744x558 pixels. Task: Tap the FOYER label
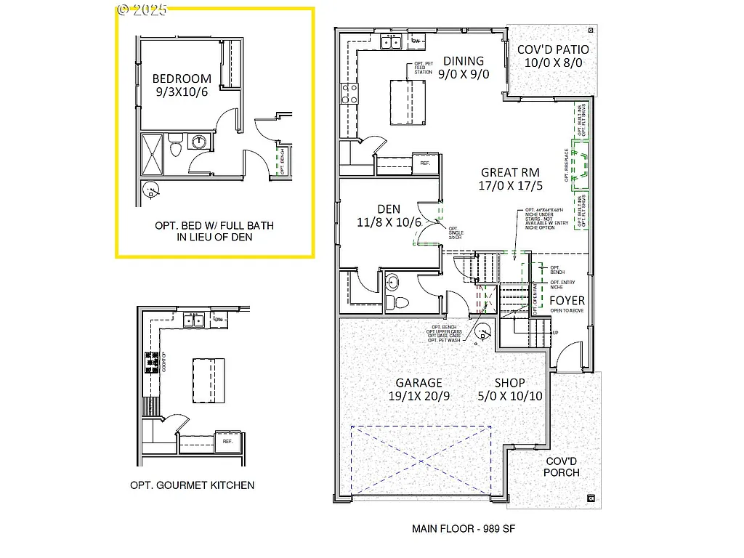pyautogui.click(x=567, y=300)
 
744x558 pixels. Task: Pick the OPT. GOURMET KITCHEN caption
pyautogui.click(x=193, y=485)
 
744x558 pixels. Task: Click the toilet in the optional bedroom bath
pyautogui.click(x=174, y=147)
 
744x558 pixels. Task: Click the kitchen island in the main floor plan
pyautogui.click(x=407, y=102)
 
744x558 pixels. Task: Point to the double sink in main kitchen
pyautogui.click(x=392, y=41)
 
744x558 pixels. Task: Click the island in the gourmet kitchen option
pyautogui.click(x=208, y=381)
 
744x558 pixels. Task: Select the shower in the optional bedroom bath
pyautogui.click(x=152, y=153)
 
